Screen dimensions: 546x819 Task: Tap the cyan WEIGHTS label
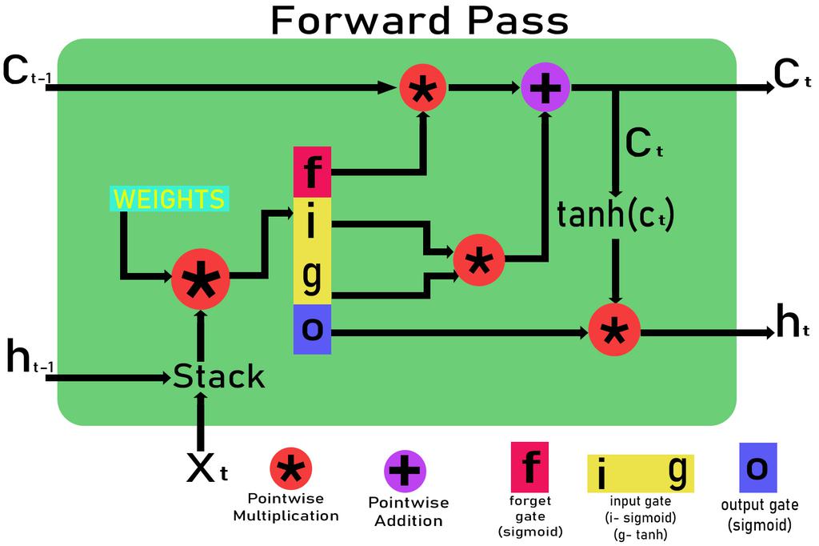pyautogui.click(x=169, y=199)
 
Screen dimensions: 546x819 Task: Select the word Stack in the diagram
pyautogui.click(x=218, y=376)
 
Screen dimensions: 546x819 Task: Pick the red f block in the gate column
pyautogui.click(x=312, y=171)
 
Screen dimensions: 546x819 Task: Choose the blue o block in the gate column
pyautogui.click(x=312, y=329)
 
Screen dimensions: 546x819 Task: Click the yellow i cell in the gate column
pyautogui.click(x=312, y=225)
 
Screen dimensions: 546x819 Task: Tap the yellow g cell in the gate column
pyautogui.click(x=312, y=277)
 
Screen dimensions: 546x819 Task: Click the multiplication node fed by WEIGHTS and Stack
pyautogui.click(x=200, y=278)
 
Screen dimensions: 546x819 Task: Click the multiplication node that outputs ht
pyautogui.click(x=614, y=330)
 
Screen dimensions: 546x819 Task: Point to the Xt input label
pyautogui.click(x=206, y=469)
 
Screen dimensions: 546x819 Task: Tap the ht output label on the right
pyautogui.click(x=793, y=322)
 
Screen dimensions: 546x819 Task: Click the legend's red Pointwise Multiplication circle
pyautogui.click(x=290, y=469)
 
